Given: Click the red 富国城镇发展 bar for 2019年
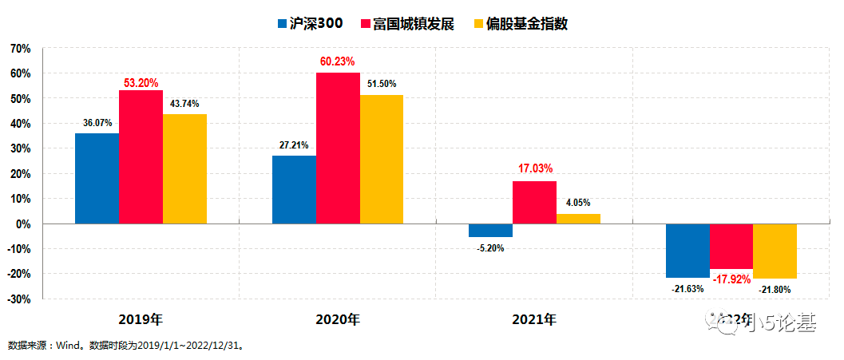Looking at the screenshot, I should click(x=141, y=156).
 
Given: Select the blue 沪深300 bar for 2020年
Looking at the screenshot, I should click(x=294, y=189).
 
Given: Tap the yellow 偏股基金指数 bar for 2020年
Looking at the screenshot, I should click(x=382, y=159).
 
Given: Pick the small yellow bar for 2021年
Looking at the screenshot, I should click(x=578, y=219).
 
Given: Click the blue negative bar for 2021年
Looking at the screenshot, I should click(x=490, y=231).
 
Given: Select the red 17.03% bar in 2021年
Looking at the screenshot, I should click(x=534, y=203).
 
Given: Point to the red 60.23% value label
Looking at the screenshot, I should click(x=338, y=61).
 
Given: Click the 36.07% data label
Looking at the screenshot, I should click(x=97, y=123).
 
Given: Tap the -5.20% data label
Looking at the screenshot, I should click(x=490, y=248).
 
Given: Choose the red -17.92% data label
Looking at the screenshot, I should click(x=731, y=279).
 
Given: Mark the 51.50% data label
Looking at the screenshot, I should click(x=382, y=84).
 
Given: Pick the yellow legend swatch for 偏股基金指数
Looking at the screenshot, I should click(x=479, y=24).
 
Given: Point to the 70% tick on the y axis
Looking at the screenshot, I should click(x=20, y=49).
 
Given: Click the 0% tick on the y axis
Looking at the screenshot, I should click(x=23, y=224).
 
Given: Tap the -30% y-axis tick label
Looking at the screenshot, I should click(x=18, y=299).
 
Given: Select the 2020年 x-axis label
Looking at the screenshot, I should click(x=338, y=320).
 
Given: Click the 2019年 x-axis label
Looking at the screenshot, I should click(x=141, y=320).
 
